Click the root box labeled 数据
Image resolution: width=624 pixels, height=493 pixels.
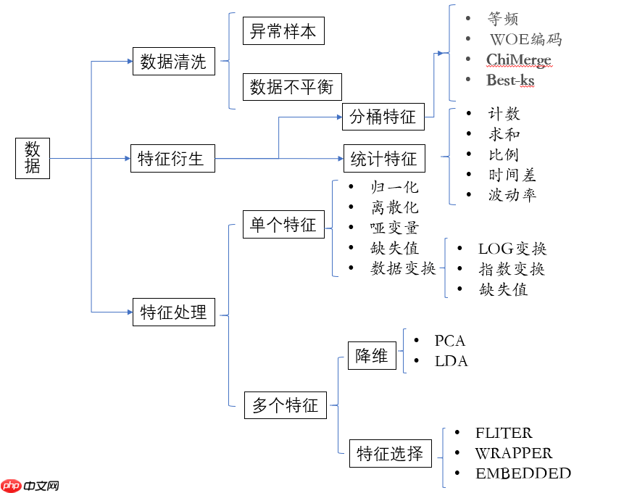(33, 158)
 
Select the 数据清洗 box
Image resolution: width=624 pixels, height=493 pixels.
(173, 62)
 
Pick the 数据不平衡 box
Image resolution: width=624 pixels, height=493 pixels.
(291, 87)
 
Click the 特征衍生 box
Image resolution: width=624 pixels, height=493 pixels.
(172, 158)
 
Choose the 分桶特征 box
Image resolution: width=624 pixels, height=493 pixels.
(383, 117)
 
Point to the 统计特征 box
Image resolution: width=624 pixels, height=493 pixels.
(383, 158)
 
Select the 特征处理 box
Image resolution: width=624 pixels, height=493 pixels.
(173, 312)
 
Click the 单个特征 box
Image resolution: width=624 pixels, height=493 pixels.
(283, 225)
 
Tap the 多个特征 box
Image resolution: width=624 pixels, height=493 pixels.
(285, 405)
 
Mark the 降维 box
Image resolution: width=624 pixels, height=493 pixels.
(373, 356)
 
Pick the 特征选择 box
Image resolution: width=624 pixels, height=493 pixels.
(390, 454)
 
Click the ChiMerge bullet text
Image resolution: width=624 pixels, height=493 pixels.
(518, 60)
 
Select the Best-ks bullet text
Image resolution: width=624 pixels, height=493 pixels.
(510, 80)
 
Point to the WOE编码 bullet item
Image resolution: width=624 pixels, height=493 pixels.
(525, 39)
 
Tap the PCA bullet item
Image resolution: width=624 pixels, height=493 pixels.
(449, 341)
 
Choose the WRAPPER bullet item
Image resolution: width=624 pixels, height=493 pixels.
(513, 454)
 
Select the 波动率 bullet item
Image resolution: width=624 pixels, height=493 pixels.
(512, 195)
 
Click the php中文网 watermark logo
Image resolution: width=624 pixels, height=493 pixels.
(30, 485)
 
